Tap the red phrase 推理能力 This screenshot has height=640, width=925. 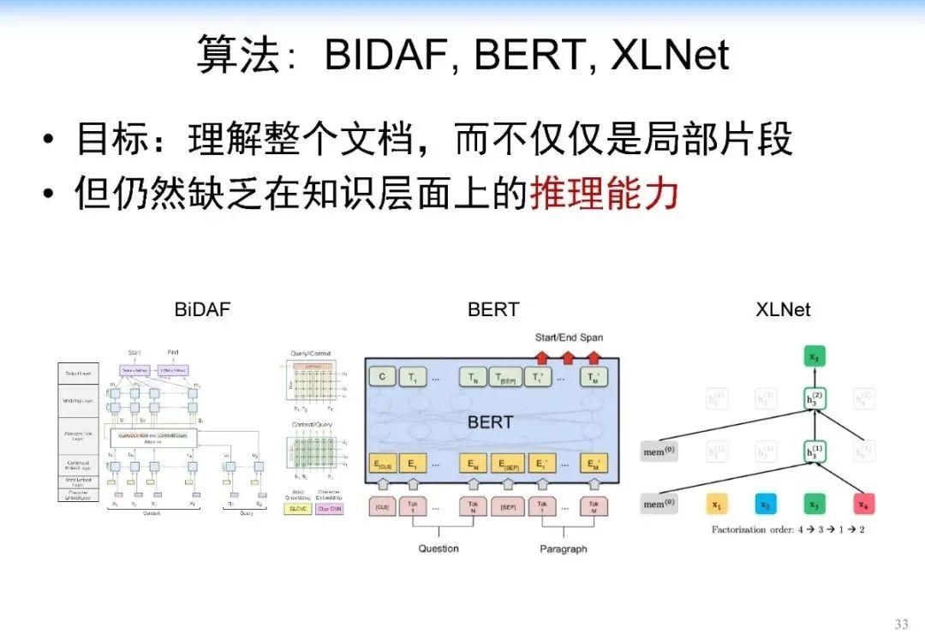coord(604,193)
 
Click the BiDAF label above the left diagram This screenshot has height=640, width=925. coord(203,309)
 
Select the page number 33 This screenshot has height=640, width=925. coord(900,624)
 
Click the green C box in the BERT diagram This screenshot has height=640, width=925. coord(382,376)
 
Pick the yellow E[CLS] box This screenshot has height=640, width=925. coord(382,464)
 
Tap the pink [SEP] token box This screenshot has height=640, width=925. coord(507,507)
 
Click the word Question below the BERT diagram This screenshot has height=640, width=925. coord(439,548)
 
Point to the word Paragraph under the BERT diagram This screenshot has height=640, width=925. coord(564,548)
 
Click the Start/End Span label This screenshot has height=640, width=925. coord(569,337)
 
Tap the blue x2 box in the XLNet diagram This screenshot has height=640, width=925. coord(765,505)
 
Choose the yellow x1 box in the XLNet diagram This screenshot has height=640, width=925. coord(717,505)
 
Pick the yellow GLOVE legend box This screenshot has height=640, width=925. coord(297,508)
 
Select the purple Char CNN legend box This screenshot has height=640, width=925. coord(330,508)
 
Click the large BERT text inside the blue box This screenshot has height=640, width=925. coord(490,422)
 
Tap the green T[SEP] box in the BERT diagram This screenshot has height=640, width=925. coord(507,376)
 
